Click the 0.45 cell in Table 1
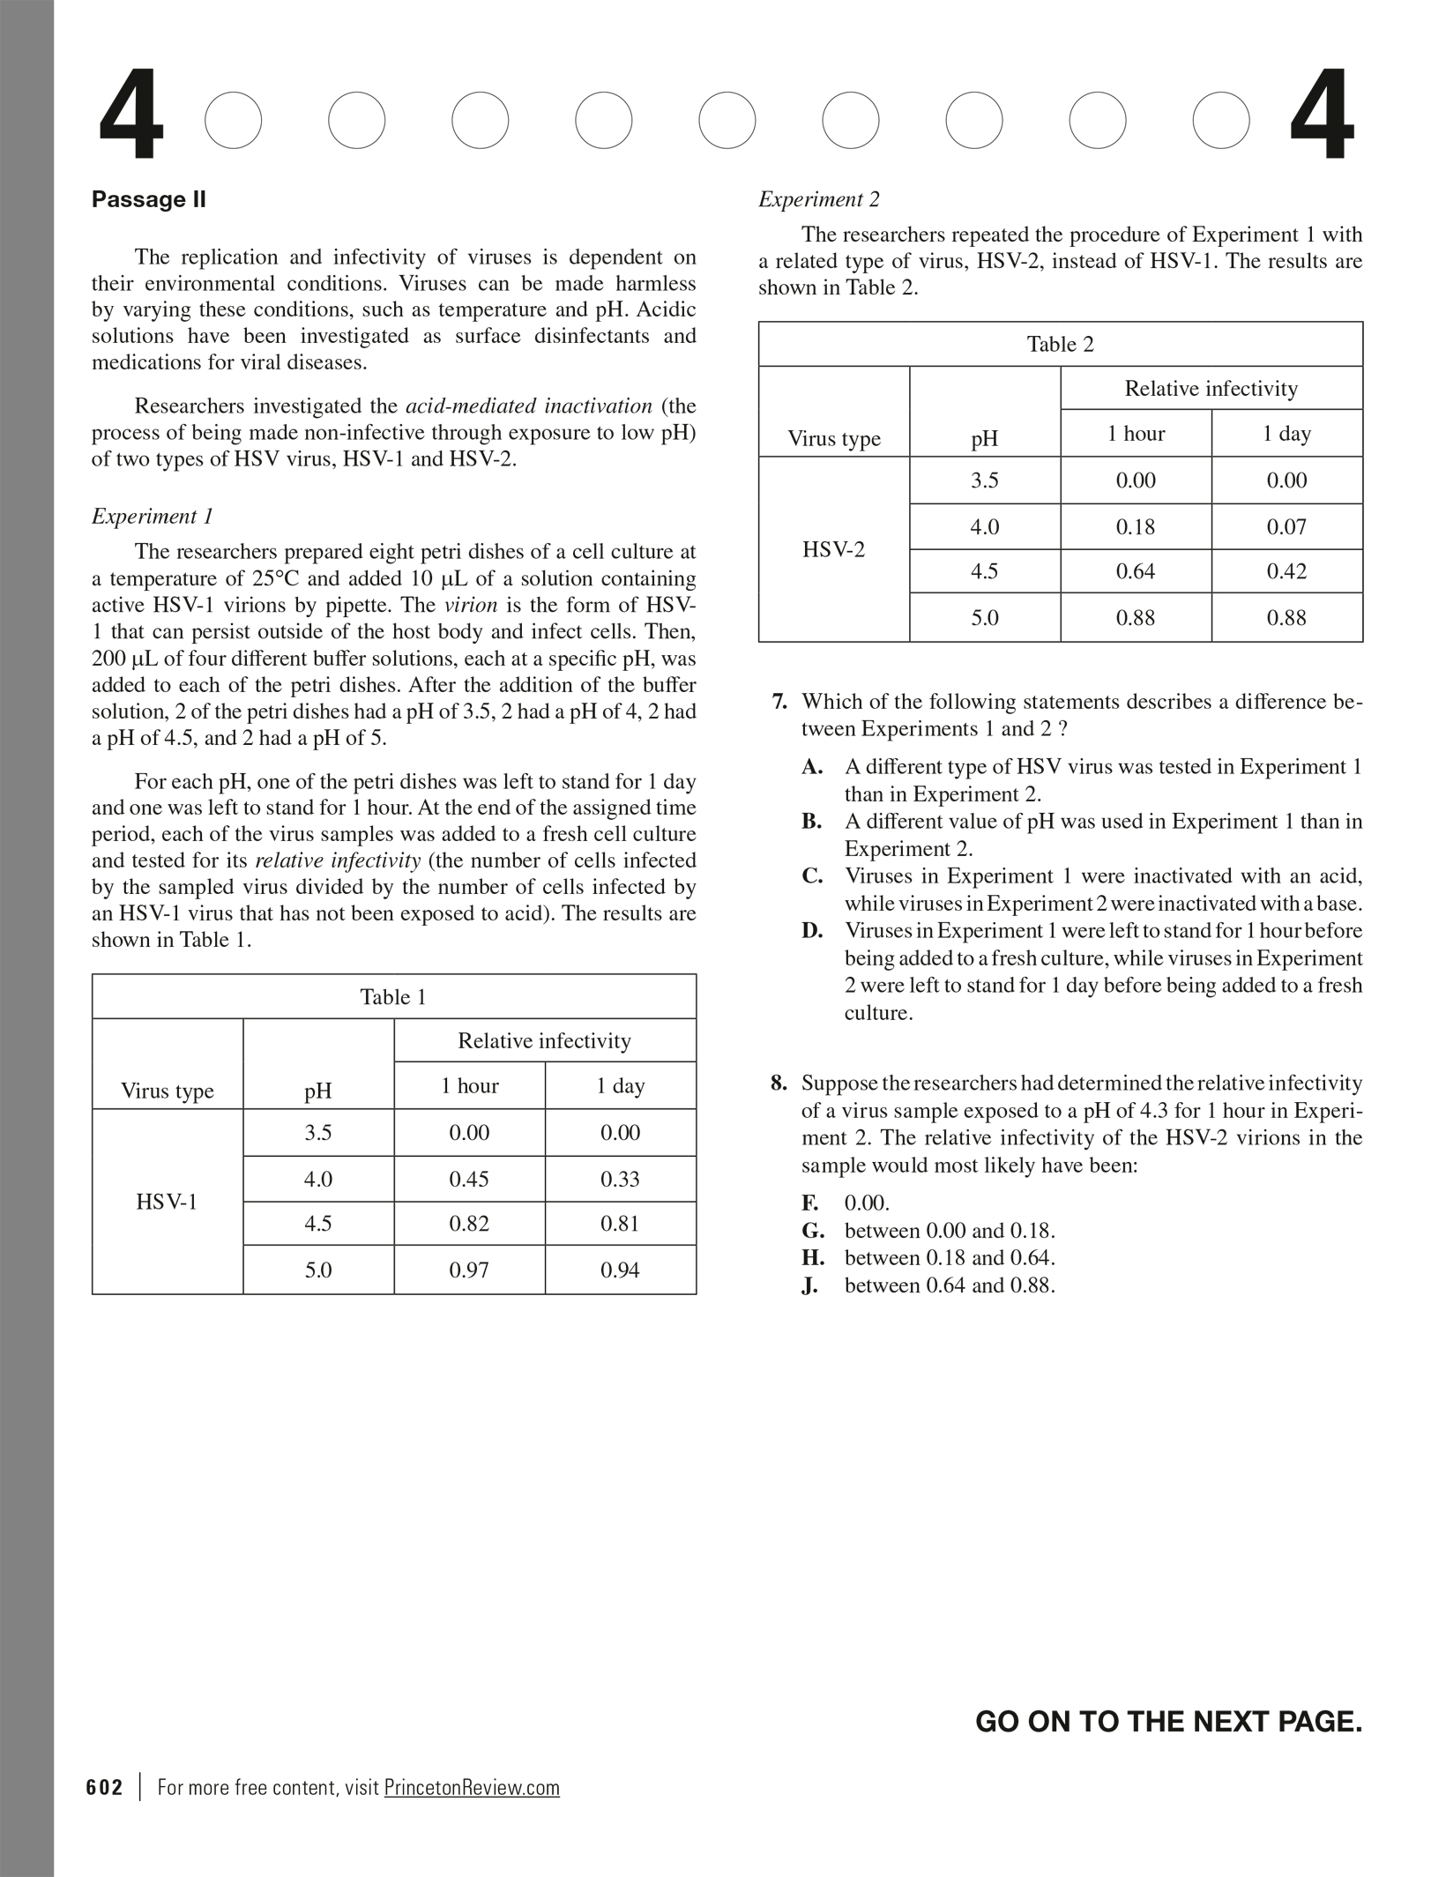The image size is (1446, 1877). pos(469,1179)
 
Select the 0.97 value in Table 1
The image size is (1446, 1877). pos(469,1270)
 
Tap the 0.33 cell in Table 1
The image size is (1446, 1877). pos(620,1179)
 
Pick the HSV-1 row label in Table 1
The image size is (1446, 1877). pos(167,1202)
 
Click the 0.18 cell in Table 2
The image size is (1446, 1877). pos(1136,526)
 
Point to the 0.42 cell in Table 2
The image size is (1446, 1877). pos(1286,571)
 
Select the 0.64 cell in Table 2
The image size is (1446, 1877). pos(1136,571)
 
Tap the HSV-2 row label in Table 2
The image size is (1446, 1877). pos(833,549)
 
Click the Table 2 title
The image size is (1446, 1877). pos(1060,344)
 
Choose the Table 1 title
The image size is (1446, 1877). pos(393,997)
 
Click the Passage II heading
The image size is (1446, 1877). pos(148,199)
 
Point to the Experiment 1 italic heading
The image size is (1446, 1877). pos(152,516)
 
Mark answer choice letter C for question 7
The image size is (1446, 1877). pos(812,876)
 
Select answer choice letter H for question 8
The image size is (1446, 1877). pos(812,1258)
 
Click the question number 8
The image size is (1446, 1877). pos(779,1084)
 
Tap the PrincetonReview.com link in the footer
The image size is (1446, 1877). pos(472,1787)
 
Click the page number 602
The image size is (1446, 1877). pos(105,1787)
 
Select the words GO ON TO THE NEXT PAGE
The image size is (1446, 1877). pos(1168,1722)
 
